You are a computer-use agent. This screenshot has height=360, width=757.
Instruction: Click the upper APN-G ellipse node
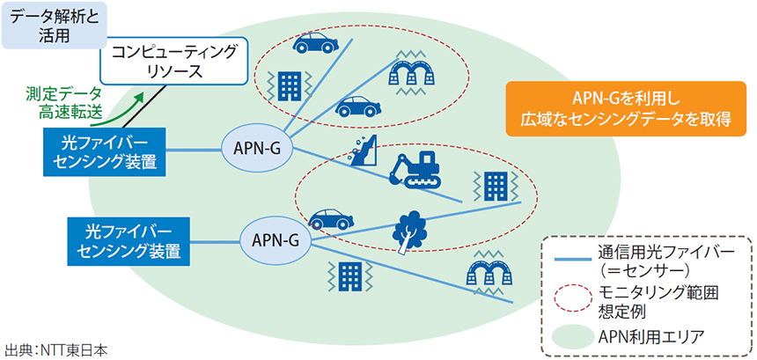[x=257, y=146]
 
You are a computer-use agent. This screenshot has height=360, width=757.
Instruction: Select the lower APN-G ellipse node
[x=275, y=239]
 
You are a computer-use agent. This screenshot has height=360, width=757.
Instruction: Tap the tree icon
[x=408, y=232]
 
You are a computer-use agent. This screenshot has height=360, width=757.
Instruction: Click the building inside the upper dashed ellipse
[x=287, y=87]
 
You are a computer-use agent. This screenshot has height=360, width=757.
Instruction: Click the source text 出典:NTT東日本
[x=56, y=349]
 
